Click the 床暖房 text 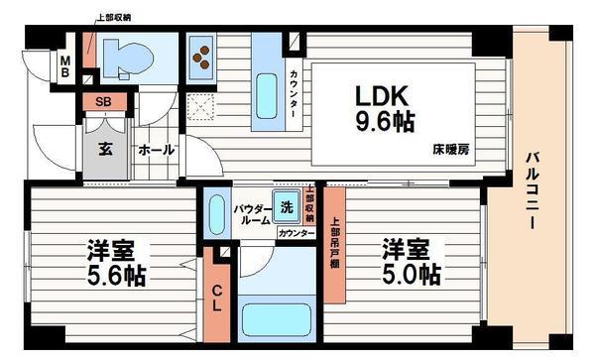coord(450,150)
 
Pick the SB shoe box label coord(102,101)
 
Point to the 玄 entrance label coord(104,149)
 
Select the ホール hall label coord(156,150)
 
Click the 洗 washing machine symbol coord(287,207)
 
